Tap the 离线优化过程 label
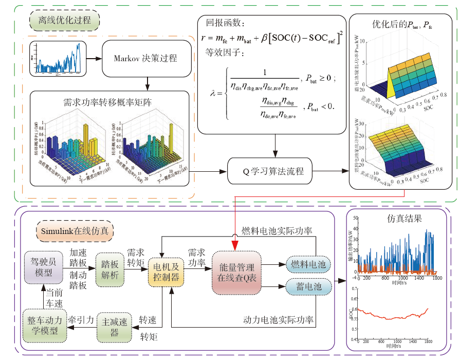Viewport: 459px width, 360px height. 65,21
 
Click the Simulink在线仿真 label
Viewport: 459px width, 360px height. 75,230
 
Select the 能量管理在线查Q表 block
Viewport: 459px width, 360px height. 236,273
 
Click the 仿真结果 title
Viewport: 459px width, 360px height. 404,218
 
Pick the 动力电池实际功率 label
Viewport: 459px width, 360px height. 278,320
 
